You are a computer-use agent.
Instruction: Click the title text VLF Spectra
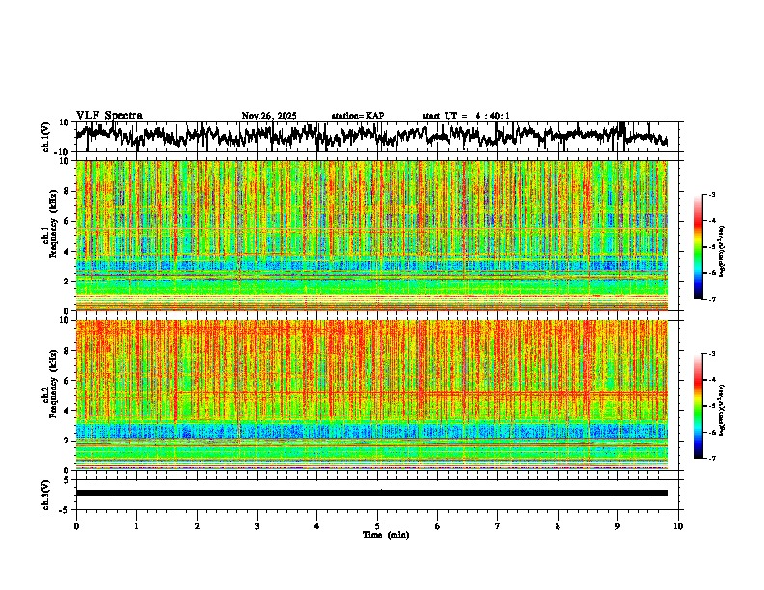(109, 116)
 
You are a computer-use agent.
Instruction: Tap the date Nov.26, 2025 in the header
(269, 116)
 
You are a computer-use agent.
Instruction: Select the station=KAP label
(358, 116)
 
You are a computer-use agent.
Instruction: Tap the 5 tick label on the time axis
(377, 526)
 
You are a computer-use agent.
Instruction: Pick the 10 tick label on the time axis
(678, 526)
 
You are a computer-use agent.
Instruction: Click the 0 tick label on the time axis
(76, 526)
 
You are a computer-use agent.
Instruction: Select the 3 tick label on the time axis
(257, 526)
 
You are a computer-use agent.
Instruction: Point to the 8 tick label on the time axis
(558, 526)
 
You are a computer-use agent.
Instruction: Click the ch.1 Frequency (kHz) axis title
(48, 236)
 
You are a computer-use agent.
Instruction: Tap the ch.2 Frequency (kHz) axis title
(48, 395)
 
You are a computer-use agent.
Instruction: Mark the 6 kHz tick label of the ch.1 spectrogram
(68, 221)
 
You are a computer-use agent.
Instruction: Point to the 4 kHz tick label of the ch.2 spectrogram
(68, 411)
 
